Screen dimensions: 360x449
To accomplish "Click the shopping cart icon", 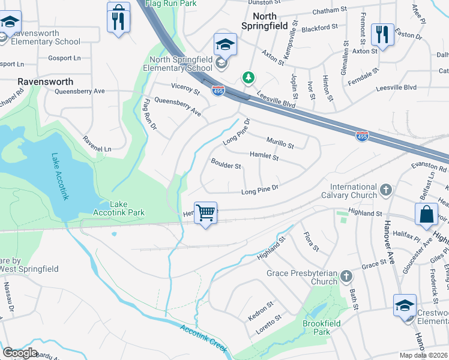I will pyautogui.click(x=205, y=213).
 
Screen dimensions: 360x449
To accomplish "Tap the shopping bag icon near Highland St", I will pyautogui.click(x=426, y=215).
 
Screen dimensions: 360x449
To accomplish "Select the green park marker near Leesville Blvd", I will pyautogui.click(x=247, y=78).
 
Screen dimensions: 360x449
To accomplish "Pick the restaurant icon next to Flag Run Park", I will pyautogui.click(x=118, y=19).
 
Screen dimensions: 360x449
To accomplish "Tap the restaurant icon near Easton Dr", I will pyautogui.click(x=382, y=34).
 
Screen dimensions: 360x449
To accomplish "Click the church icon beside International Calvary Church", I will pyautogui.click(x=386, y=190).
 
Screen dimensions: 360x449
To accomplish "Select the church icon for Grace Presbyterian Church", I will pyautogui.click(x=346, y=277).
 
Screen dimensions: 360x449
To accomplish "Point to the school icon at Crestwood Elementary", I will pyautogui.click(x=405, y=306).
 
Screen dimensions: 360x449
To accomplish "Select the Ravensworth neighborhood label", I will pyautogui.click(x=46, y=82).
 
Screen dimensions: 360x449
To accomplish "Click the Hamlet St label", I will pyautogui.click(x=264, y=157).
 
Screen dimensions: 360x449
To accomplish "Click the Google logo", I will pyautogui.click(x=20, y=353).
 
